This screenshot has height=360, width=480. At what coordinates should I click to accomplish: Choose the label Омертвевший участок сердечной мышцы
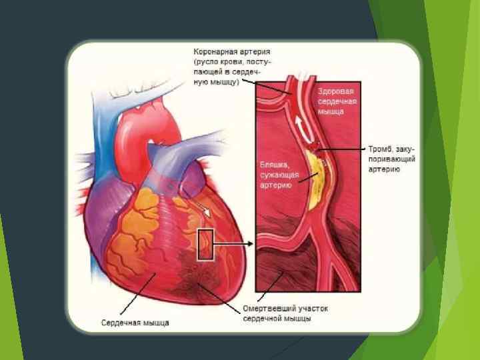click(285, 314)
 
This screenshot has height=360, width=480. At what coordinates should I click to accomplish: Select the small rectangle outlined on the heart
click(205, 244)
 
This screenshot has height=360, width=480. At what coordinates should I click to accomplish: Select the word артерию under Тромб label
click(384, 170)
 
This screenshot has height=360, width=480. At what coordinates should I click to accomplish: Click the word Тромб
click(380, 149)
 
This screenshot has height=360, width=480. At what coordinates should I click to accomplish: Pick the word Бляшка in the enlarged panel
click(273, 163)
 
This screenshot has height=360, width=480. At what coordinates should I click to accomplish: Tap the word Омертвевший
click(267, 309)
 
